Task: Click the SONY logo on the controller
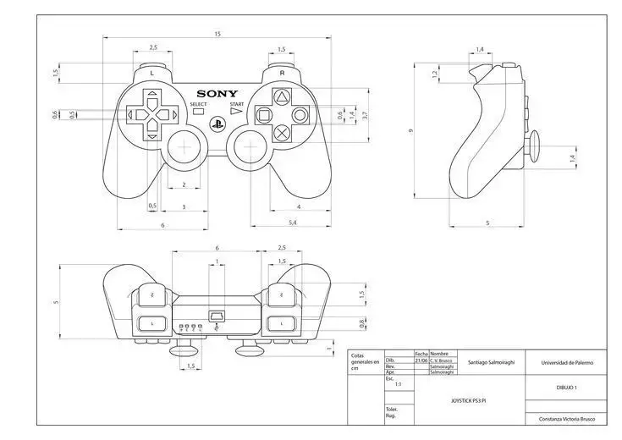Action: click(x=217, y=94)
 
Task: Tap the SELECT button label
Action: click(x=198, y=103)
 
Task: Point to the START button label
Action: click(x=237, y=103)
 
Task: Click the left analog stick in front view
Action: click(x=184, y=149)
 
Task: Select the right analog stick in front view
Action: click(x=251, y=149)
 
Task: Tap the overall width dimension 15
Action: click(x=217, y=34)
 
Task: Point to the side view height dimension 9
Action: click(x=410, y=131)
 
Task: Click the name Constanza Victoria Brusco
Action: click(x=566, y=418)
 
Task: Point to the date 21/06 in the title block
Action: click(x=421, y=360)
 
